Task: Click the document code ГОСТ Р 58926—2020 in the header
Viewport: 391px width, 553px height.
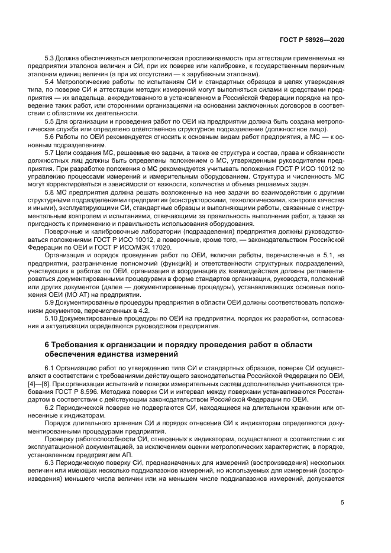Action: pyautogui.click(x=312, y=40)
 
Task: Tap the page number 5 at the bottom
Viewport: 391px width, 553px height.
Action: pyautogui.click(x=342, y=503)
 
